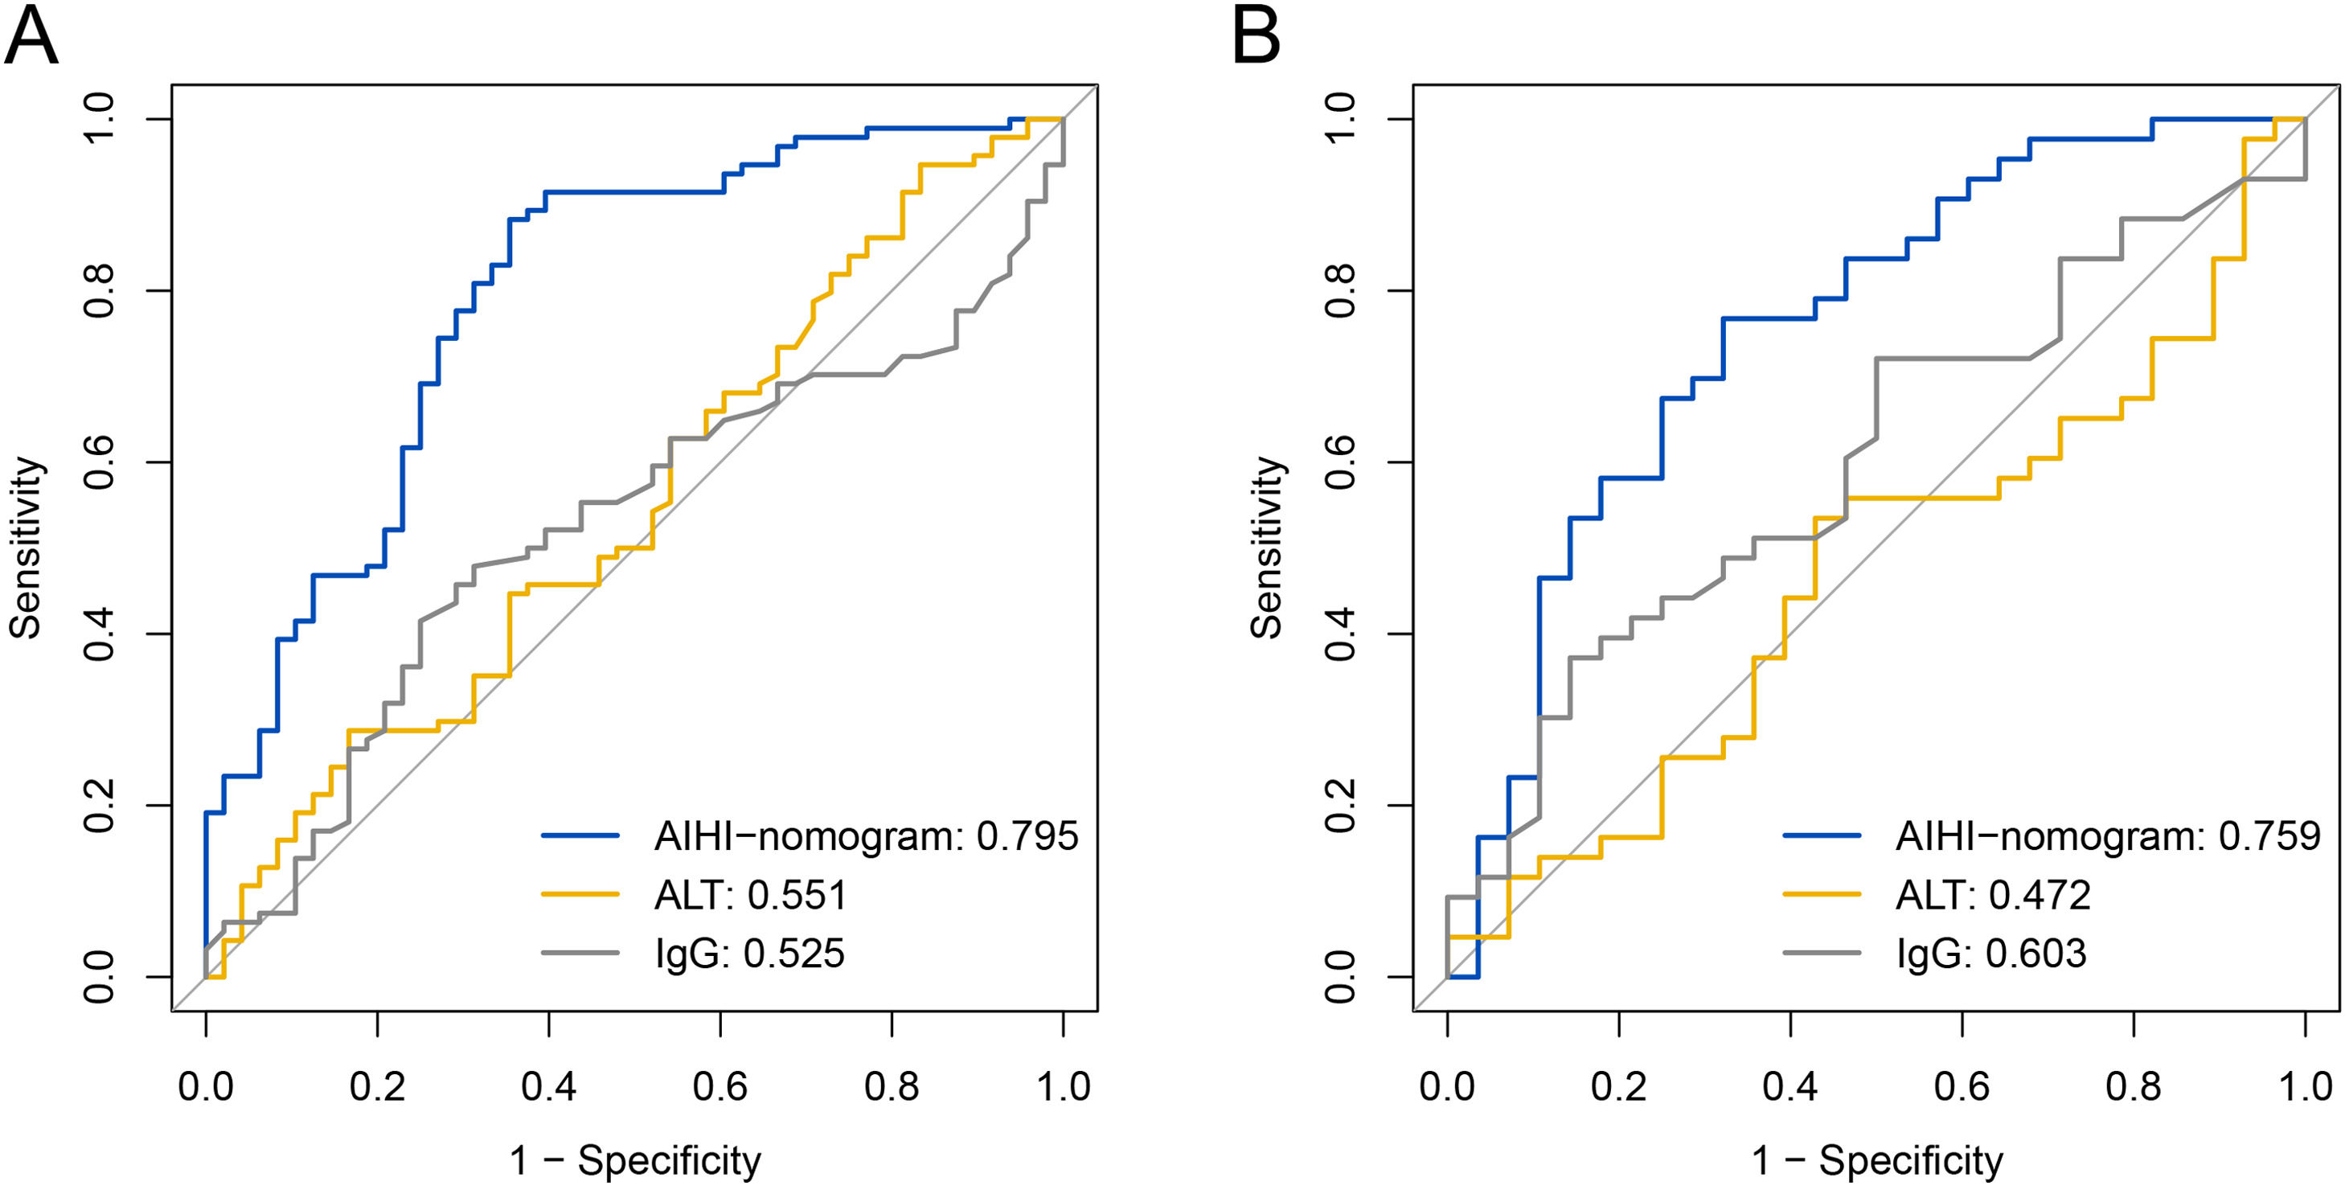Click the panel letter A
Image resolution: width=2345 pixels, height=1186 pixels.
tap(32, 37)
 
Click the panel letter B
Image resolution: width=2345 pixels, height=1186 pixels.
tap(1257, 37)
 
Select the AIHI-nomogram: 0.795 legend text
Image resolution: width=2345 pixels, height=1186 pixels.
tap(866, 835)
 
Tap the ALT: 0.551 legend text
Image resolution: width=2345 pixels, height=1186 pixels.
tap(750, 895)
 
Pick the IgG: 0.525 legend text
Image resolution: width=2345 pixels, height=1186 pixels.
tap(749, 953)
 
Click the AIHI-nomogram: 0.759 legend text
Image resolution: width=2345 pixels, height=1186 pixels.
tap(2107, 835)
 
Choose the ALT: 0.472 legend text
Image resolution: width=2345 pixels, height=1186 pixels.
tap(1993, 895)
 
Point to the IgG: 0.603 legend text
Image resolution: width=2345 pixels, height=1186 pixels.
tap(1991, 953)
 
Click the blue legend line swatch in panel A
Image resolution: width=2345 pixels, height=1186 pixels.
tap(580, 835)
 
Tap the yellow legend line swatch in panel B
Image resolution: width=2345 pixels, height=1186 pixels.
tap(1822, 895)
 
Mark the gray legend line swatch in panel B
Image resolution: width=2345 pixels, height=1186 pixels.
tap(1822, 953)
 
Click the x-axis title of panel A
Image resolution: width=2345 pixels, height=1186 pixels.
tap(634, 1160)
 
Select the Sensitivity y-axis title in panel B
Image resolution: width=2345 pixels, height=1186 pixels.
tap(1266, 547)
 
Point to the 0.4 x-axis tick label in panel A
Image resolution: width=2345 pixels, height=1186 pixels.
tap(549, 1085)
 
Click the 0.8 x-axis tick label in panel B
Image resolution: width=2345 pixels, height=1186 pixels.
tap(2133, 1085)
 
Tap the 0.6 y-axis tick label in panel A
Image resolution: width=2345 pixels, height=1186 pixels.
tap(98, 462)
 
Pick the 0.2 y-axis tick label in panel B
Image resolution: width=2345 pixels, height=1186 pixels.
tap(1340, 805)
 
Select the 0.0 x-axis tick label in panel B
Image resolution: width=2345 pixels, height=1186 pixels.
tap(1446, 1085)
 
